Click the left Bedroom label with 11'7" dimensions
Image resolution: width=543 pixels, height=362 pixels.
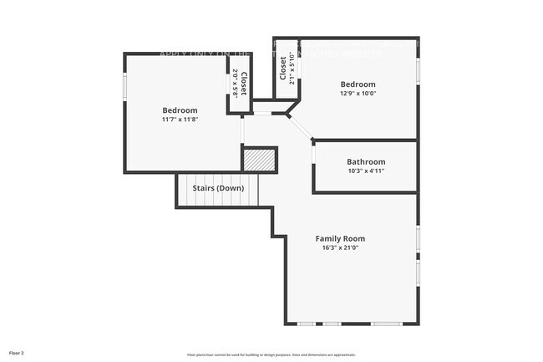pyautogui.click(x=180, y=110)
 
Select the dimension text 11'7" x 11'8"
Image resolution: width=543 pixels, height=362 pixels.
pyautogui.click(x=180, y=120)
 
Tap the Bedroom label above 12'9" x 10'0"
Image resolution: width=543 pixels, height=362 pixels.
pyautogui.click(x=358, y=84)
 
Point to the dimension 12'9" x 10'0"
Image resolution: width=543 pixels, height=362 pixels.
pyautogui.click(x=358, y=94)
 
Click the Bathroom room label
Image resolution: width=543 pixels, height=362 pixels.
pyautogui.click(x=366, y=161)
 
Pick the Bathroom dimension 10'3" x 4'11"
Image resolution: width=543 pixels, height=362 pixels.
pyautogui.click(x=366, y=171)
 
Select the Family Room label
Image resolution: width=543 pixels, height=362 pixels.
pyautogui.click(x=340, y=238)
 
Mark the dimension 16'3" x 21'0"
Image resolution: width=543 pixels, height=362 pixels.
pyautogui.click(x=340, y=247)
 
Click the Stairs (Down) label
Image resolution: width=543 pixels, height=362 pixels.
pyautogui.click(x=218, y=188)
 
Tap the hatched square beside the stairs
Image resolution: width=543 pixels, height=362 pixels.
pyautogui.click(x=259, y=159)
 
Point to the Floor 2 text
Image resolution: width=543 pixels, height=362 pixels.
pyautogui.click(x=17, y=353)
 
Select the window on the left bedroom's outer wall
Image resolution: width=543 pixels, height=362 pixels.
pyautogui.click(x=125, y=87)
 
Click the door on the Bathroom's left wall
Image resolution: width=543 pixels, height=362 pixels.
pyautogui.click(x=313, y=154)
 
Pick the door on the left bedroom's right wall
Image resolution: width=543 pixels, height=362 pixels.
pyautogui.click(x=242, y=130)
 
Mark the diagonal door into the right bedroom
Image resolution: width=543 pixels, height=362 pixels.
pyautogui.click(x=300, y=125)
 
